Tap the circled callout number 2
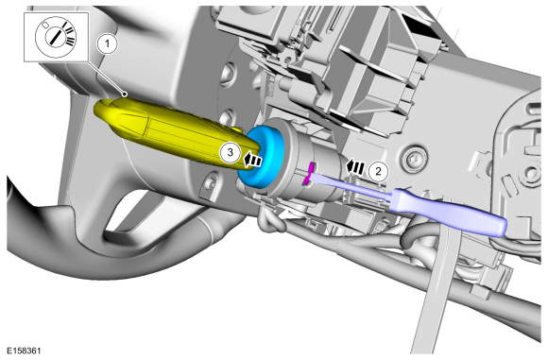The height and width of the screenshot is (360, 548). [378, 171]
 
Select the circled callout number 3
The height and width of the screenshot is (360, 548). [227, 151]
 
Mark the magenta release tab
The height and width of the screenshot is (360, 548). [310, 173]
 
